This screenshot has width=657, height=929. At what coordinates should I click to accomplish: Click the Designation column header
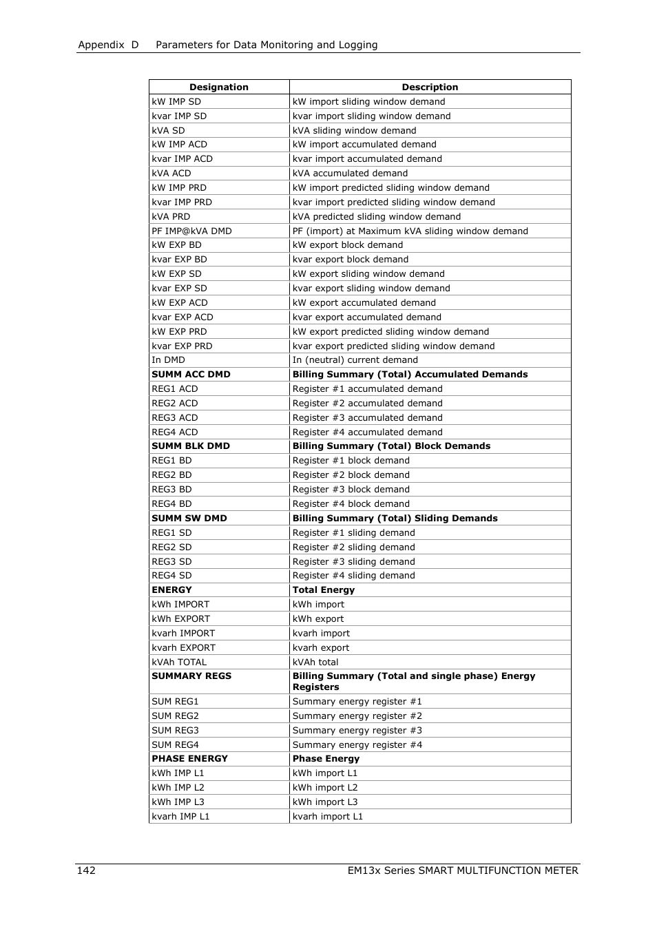(218, 87)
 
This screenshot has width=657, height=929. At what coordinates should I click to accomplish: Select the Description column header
(430, 87)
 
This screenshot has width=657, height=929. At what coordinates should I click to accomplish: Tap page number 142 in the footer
(86, 870)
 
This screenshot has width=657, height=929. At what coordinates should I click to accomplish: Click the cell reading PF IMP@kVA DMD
(191, 231)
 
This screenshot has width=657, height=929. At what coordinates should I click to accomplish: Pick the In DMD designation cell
(168, 359)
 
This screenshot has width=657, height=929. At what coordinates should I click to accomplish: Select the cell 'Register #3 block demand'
(351, 489)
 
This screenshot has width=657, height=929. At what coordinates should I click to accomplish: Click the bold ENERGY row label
(171, 589)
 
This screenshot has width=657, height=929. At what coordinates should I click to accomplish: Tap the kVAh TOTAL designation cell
(179, 662)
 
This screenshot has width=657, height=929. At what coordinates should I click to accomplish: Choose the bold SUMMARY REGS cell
(191, 676)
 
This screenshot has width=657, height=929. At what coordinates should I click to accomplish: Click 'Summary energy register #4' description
(357, 744)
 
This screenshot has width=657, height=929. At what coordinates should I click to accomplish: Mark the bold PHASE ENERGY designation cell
(189, 758)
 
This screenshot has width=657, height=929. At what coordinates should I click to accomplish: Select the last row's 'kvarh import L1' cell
(327, 816)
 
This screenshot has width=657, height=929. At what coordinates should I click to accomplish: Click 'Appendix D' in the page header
(108, 45)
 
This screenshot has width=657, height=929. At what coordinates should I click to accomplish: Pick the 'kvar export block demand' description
(350, 259)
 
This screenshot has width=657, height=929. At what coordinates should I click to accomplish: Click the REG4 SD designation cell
(171, 575)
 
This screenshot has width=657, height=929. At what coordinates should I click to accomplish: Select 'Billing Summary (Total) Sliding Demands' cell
(395, 518)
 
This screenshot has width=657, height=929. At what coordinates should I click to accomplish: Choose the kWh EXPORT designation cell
(180, 618)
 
